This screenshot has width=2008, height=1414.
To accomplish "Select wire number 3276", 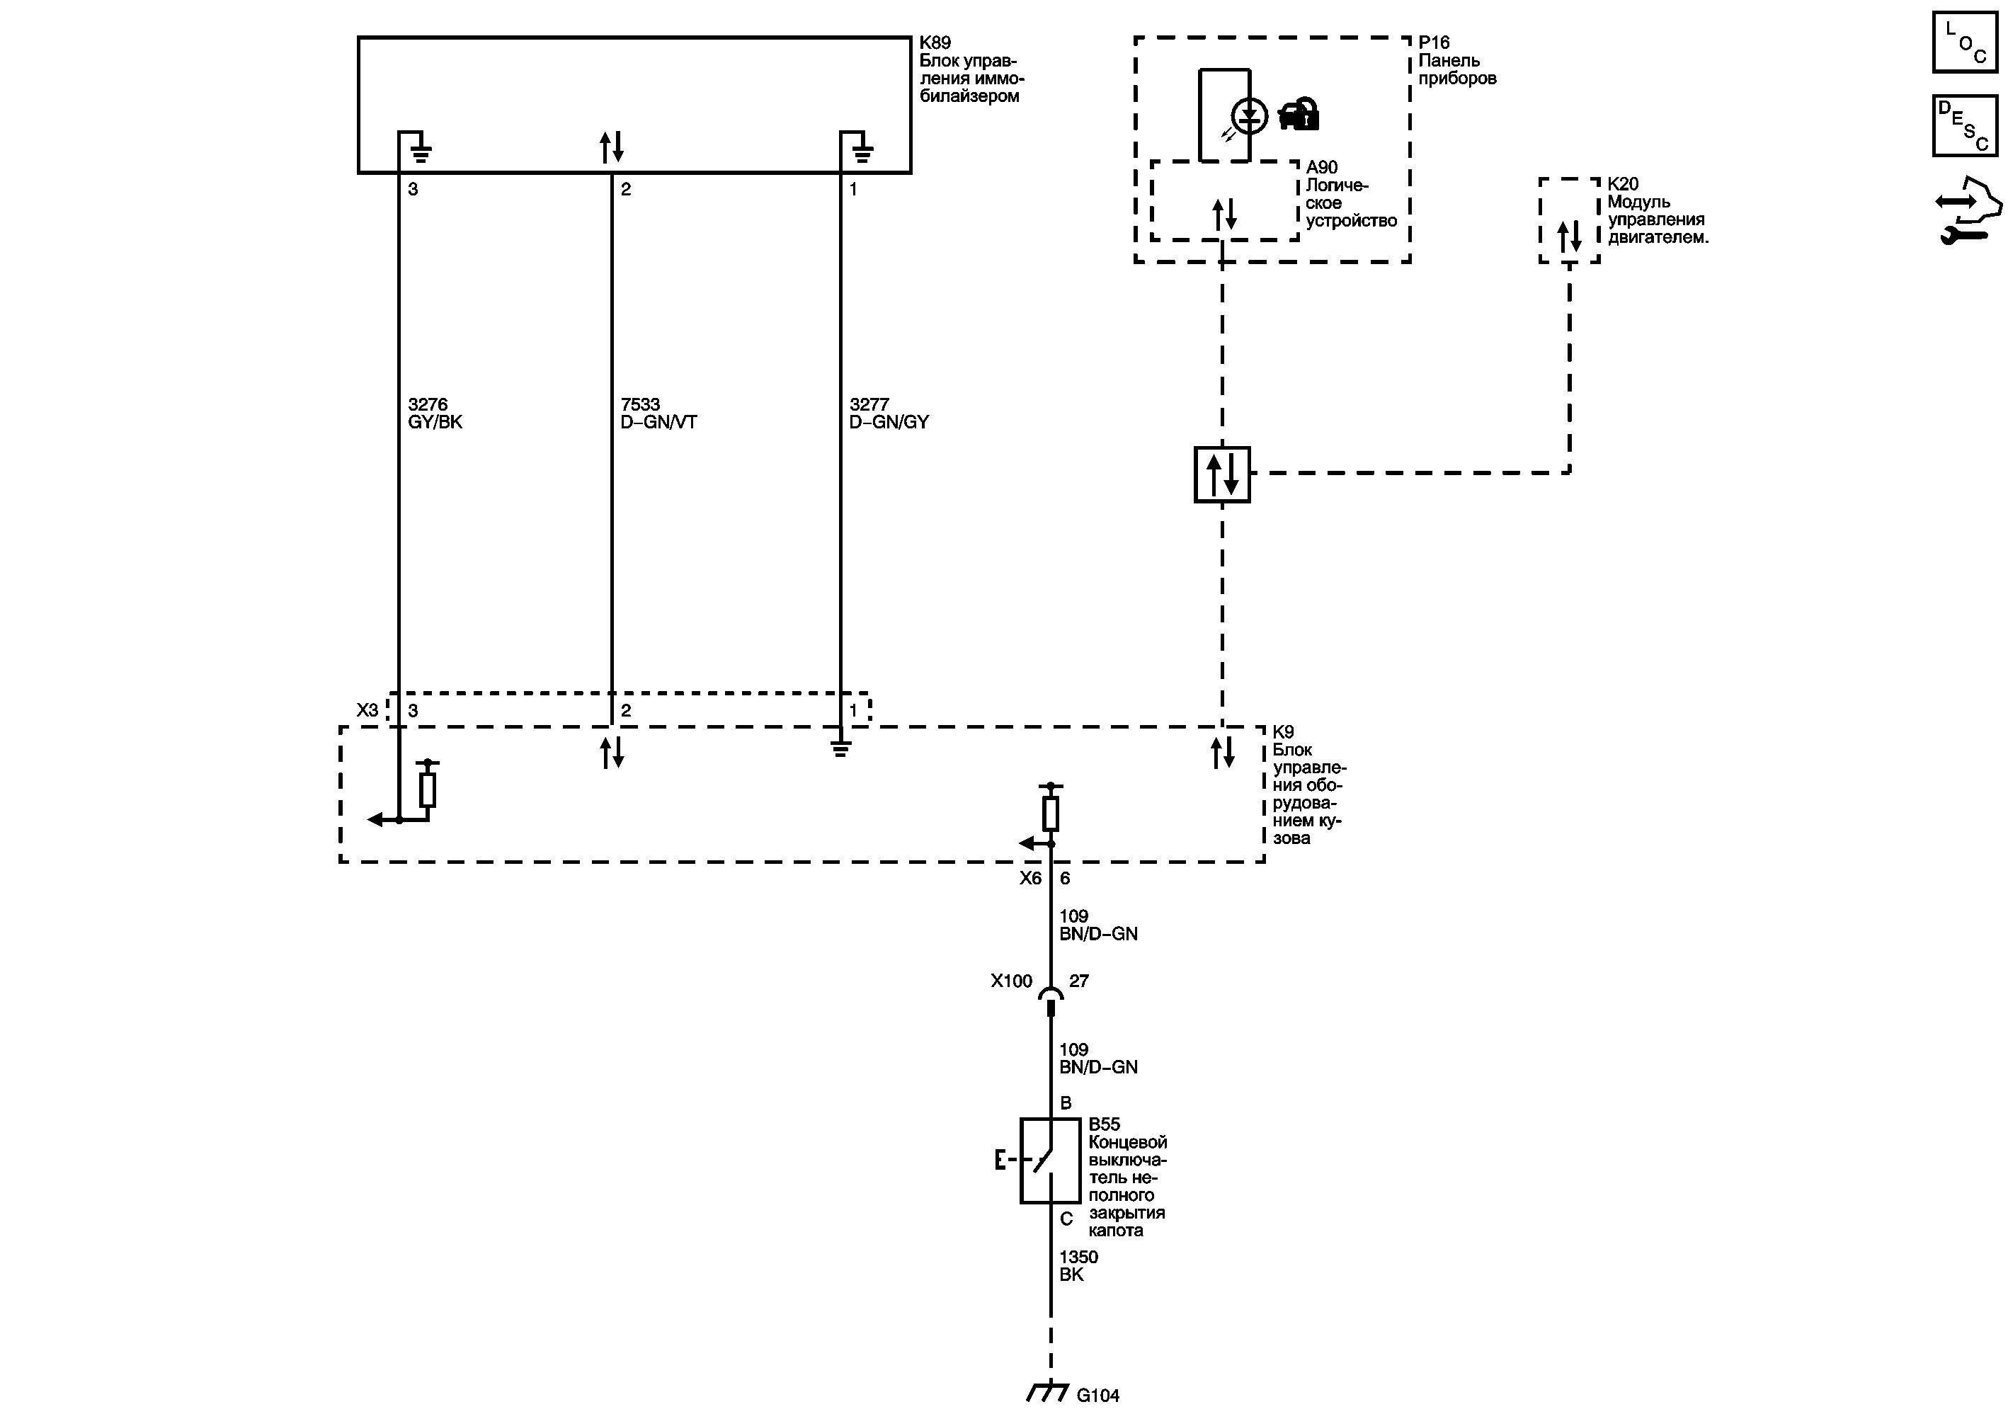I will (428, 404).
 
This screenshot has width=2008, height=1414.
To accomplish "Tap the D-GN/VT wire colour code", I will (658, 423).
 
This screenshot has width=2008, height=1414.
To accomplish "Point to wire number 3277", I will (869, 404).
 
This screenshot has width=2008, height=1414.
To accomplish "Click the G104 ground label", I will (1097, 1396).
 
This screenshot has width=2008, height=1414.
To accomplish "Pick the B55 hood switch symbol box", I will (1049, 1161).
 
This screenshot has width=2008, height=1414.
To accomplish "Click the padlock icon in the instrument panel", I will (1299, 114).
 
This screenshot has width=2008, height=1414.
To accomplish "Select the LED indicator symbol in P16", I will (1249, 115).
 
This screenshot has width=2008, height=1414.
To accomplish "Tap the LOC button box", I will (1965, 42).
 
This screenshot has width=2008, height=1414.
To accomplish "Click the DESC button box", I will (1965, 126).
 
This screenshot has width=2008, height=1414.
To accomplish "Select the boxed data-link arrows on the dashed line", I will (1222, 475).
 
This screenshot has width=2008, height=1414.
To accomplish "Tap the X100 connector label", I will (1011, 981).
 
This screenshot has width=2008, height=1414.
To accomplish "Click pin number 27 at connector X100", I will (1078, 981).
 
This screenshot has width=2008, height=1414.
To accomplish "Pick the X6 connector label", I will (1030, 878).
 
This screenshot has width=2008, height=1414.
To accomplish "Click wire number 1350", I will (1078, 1257).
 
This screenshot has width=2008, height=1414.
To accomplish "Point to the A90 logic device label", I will (1321, 167).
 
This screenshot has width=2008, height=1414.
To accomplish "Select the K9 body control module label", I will (1283, 732).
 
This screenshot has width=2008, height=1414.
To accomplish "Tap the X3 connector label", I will (367, 710).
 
